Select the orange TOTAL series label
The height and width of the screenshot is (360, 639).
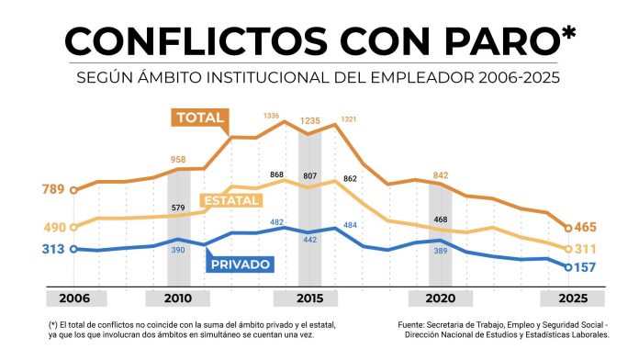(200, 118)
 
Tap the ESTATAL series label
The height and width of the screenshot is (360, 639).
(230, 199)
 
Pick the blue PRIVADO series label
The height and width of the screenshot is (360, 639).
(241, 264)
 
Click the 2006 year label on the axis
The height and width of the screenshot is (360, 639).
(75, 299)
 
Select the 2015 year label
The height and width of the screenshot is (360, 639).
(310, 299)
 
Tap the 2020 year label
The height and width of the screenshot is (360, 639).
(441, 299)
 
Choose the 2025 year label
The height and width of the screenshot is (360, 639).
(569, 299)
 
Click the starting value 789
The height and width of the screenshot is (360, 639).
(53, 190)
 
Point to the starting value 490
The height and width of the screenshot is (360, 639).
(53, 227)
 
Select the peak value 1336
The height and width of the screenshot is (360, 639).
(271, 116)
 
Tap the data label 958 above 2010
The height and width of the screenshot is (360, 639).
(178, 160)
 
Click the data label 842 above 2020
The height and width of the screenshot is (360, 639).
(441, 174)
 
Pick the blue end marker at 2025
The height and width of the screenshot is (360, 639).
(568, 267)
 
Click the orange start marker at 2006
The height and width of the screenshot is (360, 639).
(73, 190)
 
